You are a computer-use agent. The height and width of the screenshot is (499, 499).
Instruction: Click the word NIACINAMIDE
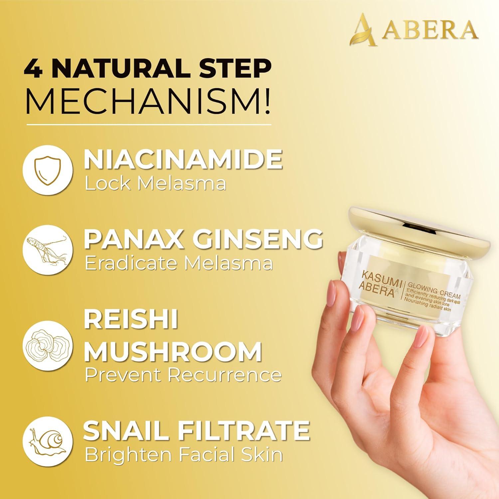pos(183,159)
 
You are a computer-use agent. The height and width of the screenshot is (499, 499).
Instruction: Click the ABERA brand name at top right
pos(429,31)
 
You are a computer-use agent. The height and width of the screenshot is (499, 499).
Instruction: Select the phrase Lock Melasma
pos(155,184)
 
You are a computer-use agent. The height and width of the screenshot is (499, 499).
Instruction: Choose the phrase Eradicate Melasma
pos(179,263)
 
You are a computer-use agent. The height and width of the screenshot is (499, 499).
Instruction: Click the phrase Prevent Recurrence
pos(183,375)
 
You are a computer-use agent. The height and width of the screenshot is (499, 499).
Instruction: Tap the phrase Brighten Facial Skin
pos(184,454)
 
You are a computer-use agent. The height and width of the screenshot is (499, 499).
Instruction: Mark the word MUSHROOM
pos(173,351)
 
